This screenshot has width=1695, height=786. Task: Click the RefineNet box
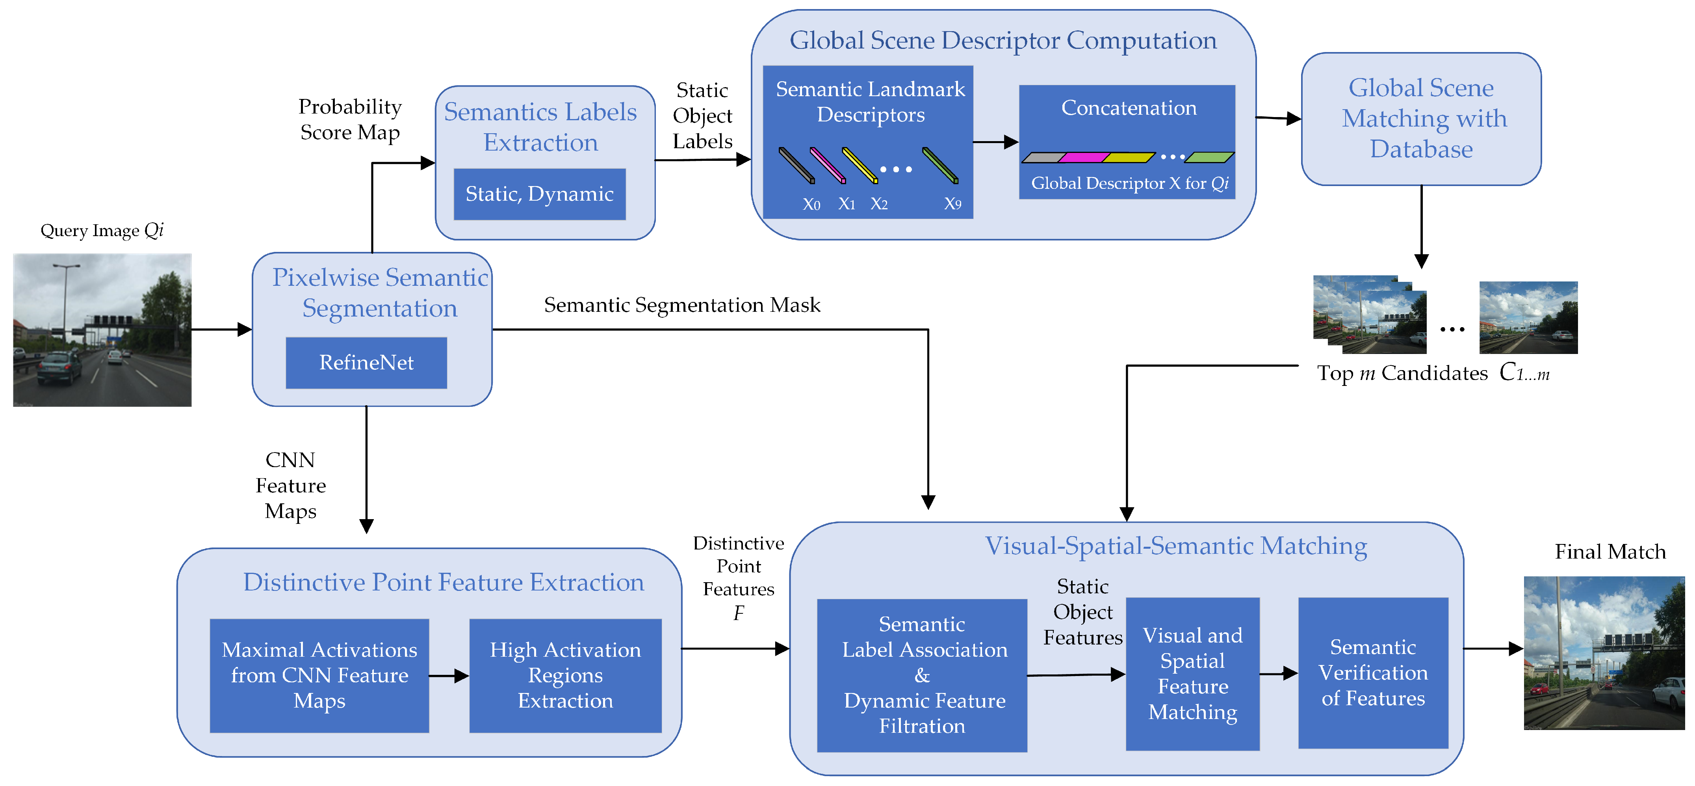pyautogui.click(x=366, y=363)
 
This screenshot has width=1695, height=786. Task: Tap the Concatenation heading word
pyautogui.click(x=1129, y=108)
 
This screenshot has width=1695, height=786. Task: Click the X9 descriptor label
pyautogui.click(x=952, y=204)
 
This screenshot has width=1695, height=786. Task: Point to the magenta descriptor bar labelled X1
pyautogui.click(x=827, y=165)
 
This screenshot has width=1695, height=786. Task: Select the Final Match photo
pyautogui.click(x=1604, y=653)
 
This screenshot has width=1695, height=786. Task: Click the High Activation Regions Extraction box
pyautogui.click(x=565, y=675)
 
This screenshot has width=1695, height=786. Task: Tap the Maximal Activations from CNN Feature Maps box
pyautogui.click(x=319, y=675)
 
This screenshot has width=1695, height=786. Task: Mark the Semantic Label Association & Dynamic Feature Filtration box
pyautogui.click(x=922, y=675)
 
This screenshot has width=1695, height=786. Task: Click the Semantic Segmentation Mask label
pyautogui.click(x=682, y=305)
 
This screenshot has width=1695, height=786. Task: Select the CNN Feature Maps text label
pyautogui.click(x=290, y=486)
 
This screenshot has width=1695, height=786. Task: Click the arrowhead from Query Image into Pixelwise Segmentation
pyautogui.click(x=244, y=329)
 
